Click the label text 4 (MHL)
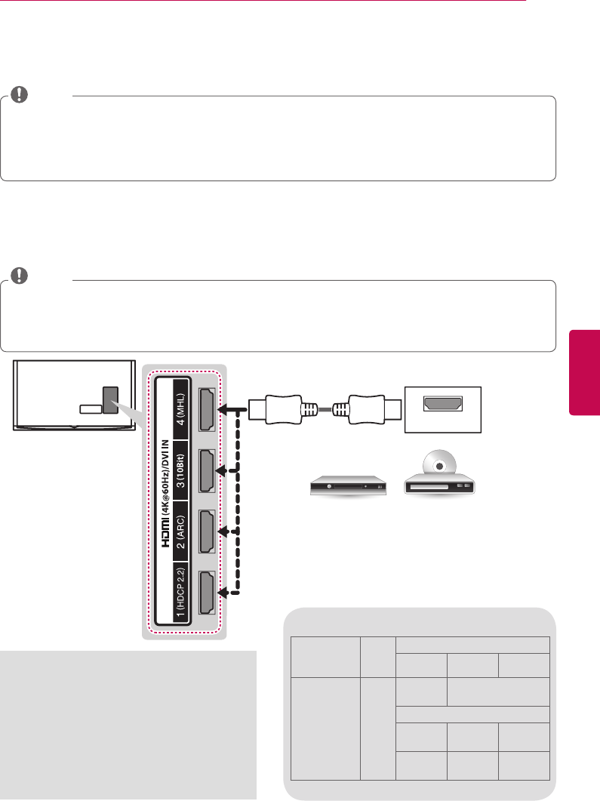(x=180, y=412)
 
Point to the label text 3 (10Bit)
(x=180, y=473)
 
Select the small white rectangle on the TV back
(x=89, y=408)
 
